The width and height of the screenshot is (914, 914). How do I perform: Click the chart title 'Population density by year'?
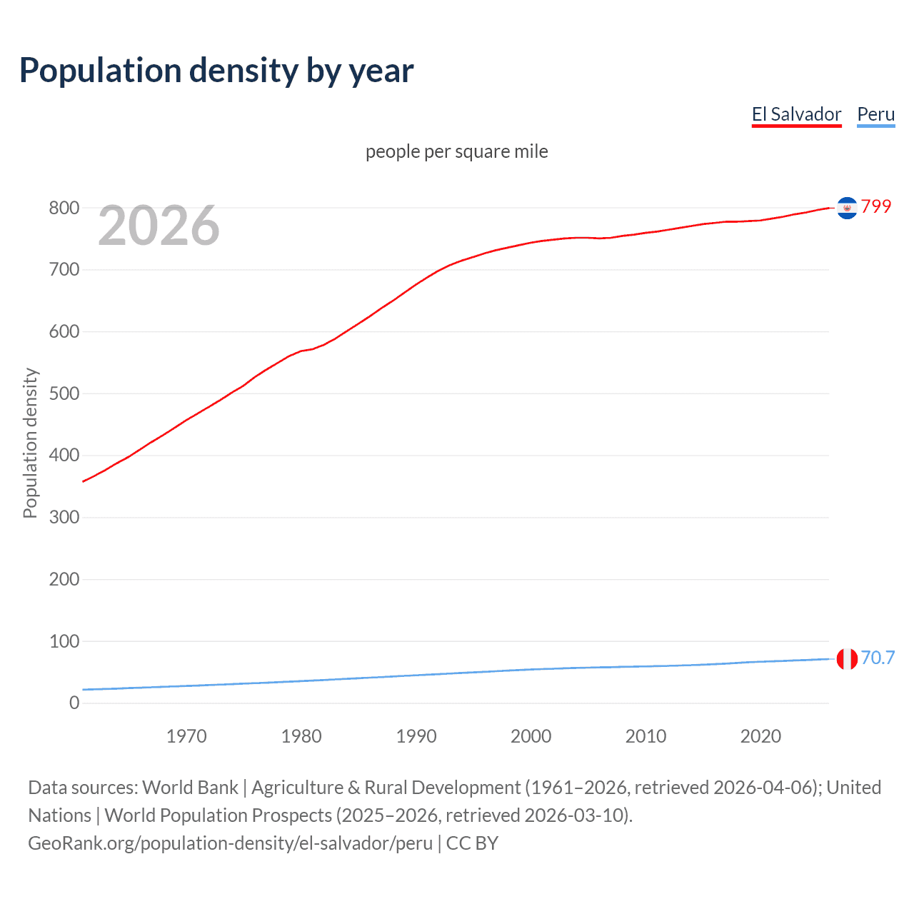point(216,71)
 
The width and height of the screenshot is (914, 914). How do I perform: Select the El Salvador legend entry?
point(796,114)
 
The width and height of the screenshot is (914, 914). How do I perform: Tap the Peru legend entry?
point(875,114)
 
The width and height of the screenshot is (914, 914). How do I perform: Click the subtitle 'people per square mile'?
point(456,151)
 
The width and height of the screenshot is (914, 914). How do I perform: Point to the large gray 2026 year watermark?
point(159,226)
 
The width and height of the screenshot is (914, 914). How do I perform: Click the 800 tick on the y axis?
point(64,208)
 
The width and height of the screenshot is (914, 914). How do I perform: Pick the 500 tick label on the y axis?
point(64,393)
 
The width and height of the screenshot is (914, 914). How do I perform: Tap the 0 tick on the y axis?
point(74,703)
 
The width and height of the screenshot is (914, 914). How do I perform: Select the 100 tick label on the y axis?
point(64,641)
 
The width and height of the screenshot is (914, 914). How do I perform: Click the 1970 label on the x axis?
point(186,736)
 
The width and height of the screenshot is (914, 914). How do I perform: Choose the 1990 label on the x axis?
point(416,736)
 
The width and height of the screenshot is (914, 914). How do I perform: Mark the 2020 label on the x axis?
point(760,736)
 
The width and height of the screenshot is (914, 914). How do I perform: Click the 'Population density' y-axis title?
point(30,443)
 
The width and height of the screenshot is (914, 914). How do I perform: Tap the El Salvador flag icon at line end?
point(847,208)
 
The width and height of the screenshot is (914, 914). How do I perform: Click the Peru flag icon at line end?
point(847,659)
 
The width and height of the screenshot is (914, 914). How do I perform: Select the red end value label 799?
point(876,206)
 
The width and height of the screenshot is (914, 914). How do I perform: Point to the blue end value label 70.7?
point(878,658)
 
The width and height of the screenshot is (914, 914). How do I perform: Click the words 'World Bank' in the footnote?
point(190,787)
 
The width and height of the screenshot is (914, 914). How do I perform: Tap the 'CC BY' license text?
point(472,843)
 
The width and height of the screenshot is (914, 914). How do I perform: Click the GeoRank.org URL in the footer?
point(230,843)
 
